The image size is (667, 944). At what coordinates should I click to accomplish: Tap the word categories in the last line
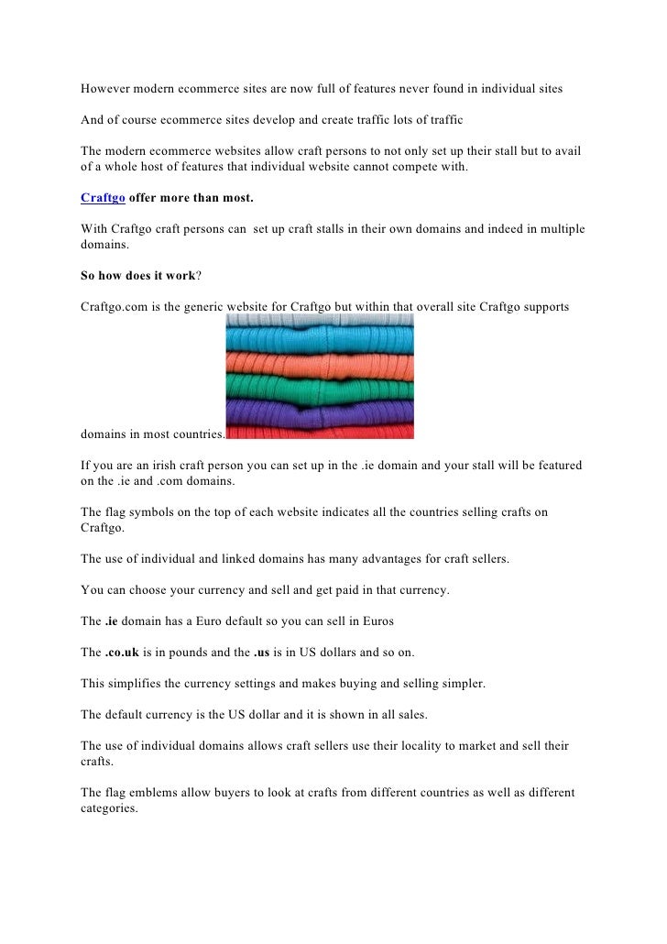[107, 808]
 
